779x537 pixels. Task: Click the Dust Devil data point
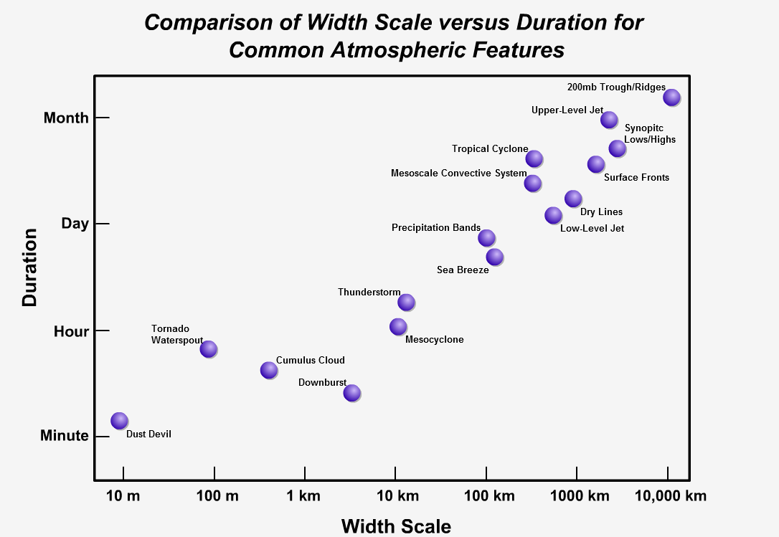pyautogui.click(x=119, y=420)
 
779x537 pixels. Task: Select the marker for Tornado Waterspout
pyautogui.click(x=208, y=348)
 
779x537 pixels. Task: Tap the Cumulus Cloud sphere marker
pyautogui.click(x=268, y=370)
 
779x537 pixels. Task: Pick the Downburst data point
pyautogui.click(x=351, y=392)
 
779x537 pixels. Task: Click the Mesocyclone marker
pyautogui.click(x=398, y=326)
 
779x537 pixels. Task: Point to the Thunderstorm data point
pyautogui.click(x=406, y=302)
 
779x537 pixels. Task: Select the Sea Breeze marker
pyautogui.click(x=494, y=257)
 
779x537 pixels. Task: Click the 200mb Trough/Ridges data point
pyautogui.click(x=671, y=97)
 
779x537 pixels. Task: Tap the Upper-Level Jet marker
pyautogui.click(x=608, y=119)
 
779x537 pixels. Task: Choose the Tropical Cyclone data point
pyautogui.click(x=534, y=158)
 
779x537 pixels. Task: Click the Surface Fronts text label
pyautogui.click(x=636, y=178)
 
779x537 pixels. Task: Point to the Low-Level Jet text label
pyautogui.click(x=592, y=229)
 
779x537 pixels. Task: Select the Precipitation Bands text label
pyautogui.click(x=436, y=228)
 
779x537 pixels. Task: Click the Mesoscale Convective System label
pyautogui.click(x=458, y=174)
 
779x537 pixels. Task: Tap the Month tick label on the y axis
pyautogui.click(x=66, y=118)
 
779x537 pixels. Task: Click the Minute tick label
pyautogui.click(x=65, y=436)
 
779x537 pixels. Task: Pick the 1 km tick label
pyautogui.click(x=305, y=496)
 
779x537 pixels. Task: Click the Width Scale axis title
pyautogui.click(x=396, y=526)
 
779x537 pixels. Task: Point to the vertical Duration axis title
pyautogui.click(x=29, y=267)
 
